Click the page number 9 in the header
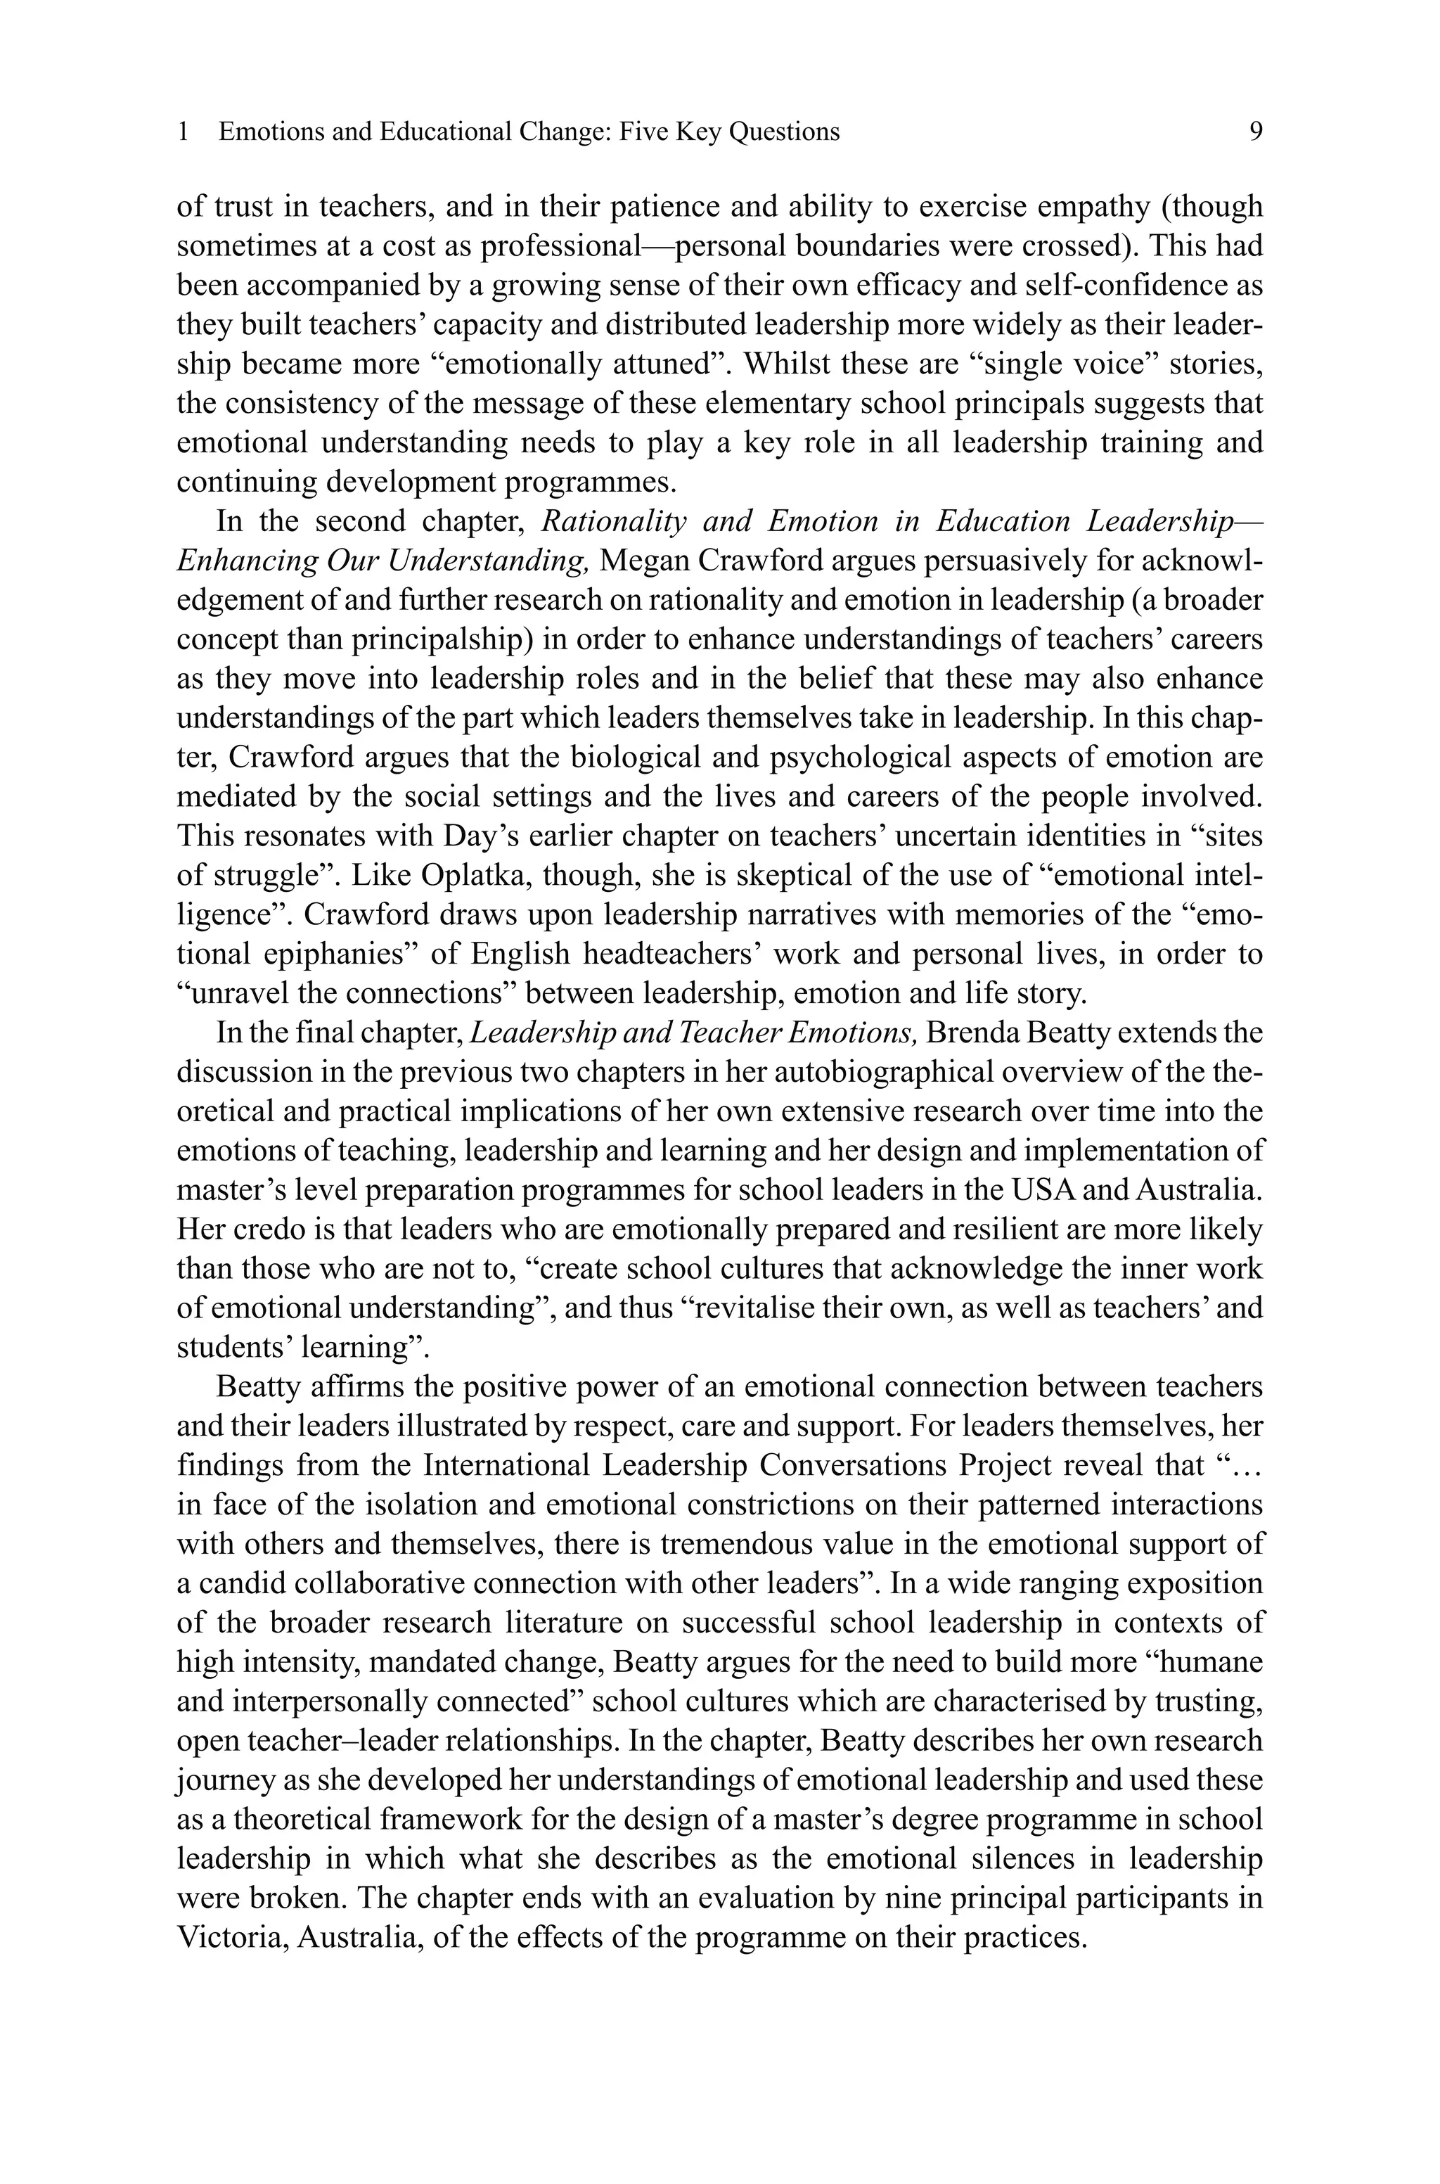(x=1255, y=132)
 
